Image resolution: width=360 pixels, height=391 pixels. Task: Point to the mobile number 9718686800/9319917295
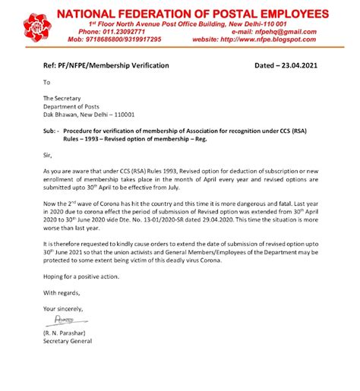pos(130,38)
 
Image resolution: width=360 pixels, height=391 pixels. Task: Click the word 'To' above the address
pos(46,82)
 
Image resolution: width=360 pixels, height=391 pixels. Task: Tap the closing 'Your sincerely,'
pos(67,308)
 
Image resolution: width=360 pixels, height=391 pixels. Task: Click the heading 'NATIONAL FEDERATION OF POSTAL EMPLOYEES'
pos(204,14)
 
